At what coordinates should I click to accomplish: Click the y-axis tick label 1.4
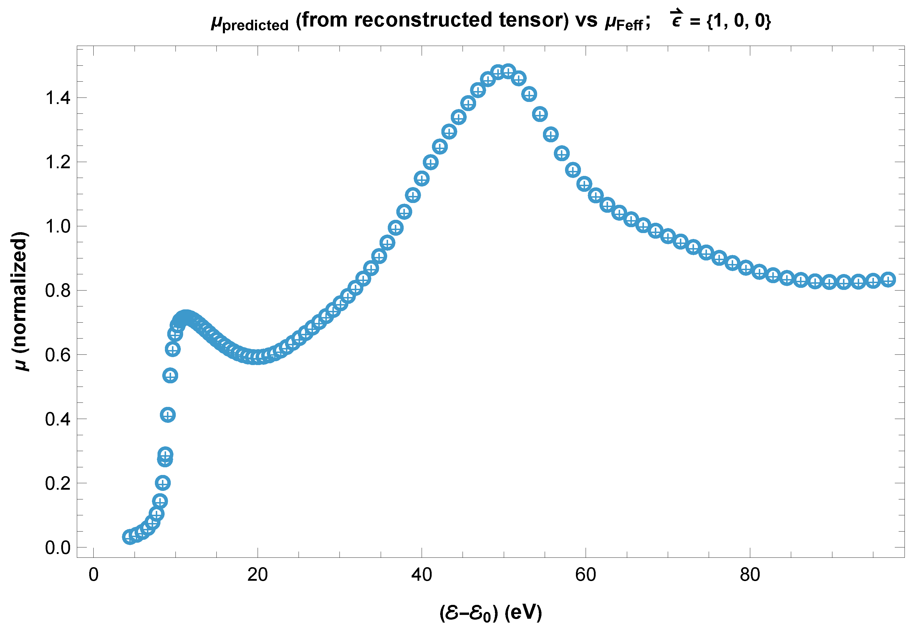[x=58, y=98]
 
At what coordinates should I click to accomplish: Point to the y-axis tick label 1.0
[x=58, y=227]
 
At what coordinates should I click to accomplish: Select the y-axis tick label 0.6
[x=58, y=355]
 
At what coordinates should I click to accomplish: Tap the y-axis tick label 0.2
[x=58, y=483]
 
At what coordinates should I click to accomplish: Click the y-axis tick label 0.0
[x=58, y=548]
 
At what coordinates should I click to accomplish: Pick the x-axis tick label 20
[x=258, y=575]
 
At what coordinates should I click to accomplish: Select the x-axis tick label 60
[x=586, y=575]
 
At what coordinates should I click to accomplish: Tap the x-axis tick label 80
[x=750, y=575]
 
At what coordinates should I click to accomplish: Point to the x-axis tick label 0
[x=93, y=575]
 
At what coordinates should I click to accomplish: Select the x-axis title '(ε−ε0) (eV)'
[x=491, y=613]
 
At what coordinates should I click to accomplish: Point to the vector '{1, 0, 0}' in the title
[x=739, y=21]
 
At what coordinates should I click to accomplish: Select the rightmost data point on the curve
[x=888, y=280]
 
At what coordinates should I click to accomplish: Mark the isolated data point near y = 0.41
[x=168, y=415]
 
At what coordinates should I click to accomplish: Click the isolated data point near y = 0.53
[x=170, y=375]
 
